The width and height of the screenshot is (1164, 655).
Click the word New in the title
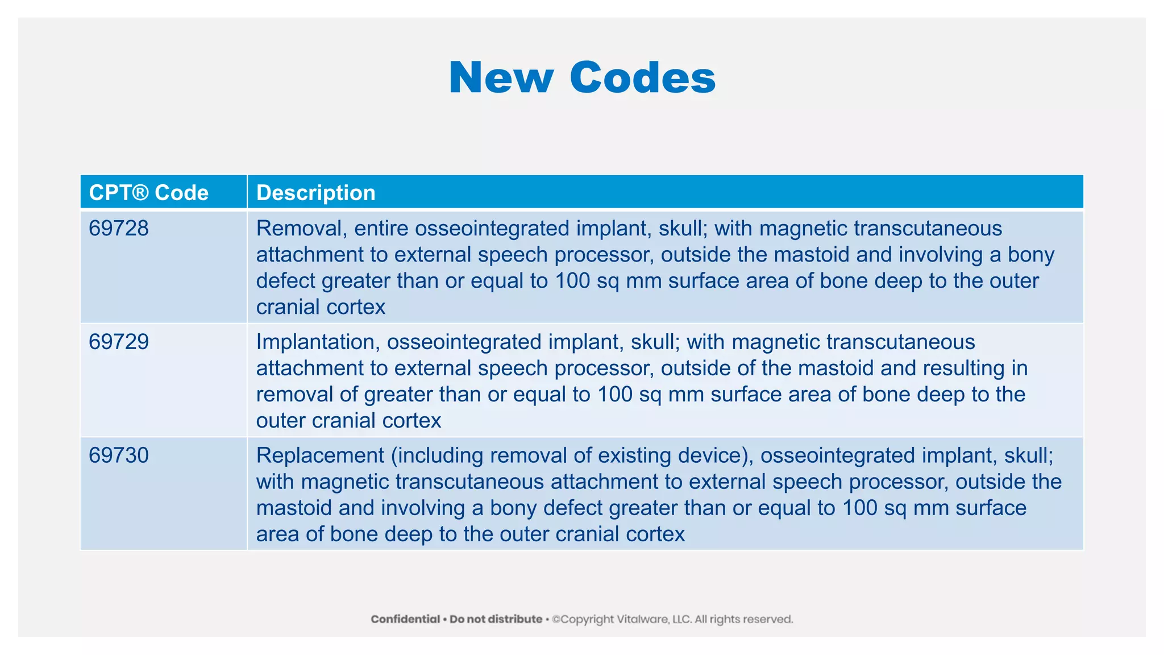(x=500, y=77)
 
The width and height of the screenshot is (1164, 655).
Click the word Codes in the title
(x=642, y=77)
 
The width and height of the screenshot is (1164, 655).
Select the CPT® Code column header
(x=149, y=193)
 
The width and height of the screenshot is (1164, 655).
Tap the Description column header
(x=316, y=193)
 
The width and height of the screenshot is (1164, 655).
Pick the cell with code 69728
(x=119, y=229)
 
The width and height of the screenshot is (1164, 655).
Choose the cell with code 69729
(x=119, y=342)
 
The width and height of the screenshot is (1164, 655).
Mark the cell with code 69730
(x=119, y=455)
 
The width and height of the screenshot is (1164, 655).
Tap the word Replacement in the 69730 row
(x=320, y=455)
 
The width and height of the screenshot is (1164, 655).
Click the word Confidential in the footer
(x=405, y=619)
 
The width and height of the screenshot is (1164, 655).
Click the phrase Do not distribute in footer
(x=496, y=619)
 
